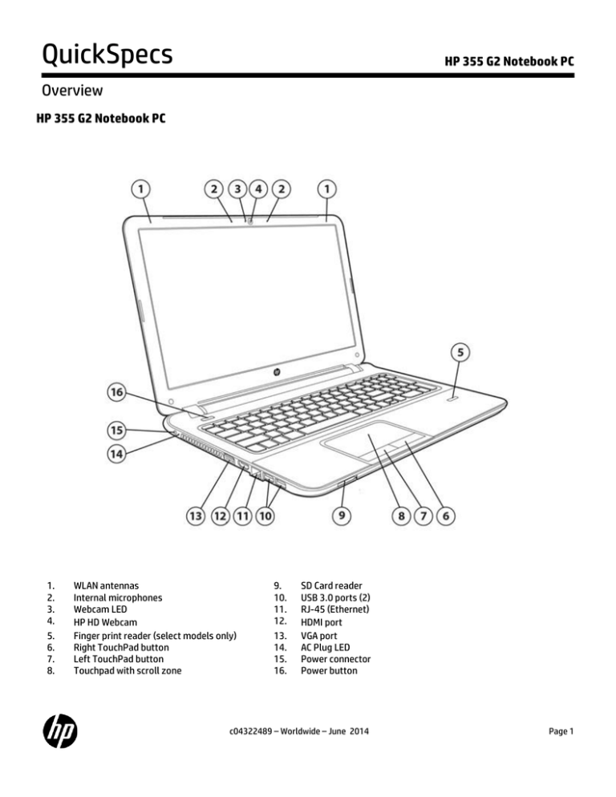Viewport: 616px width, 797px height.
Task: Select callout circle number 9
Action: tap(342, 516)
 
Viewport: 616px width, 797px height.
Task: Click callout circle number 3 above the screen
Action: tap(237, 189)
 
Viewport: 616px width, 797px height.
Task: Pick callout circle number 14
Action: tap(118, 454)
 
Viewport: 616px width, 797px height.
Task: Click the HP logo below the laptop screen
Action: tap(273, 372)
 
